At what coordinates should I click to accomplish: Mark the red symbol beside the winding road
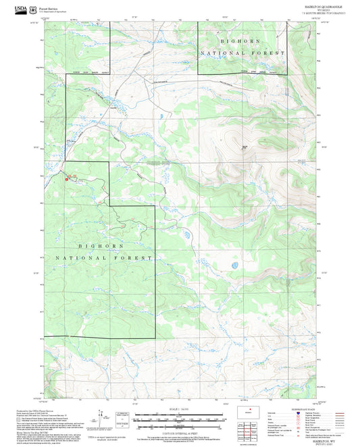67,179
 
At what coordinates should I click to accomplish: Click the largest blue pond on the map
234,265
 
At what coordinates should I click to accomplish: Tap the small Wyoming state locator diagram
253,411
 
